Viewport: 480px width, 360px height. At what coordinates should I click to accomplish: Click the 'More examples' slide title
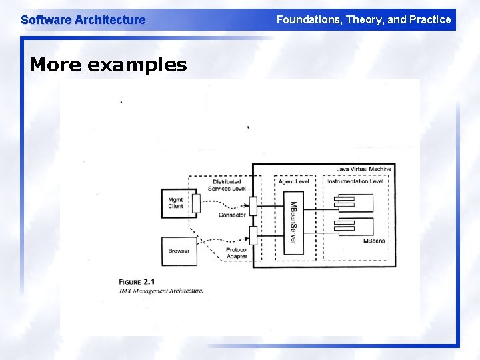click(x=108, y=65)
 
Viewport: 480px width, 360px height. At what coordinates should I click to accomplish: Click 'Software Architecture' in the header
click(x=83, y=20)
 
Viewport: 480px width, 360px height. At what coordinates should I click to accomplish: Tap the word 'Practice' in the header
click(x=431, y=19)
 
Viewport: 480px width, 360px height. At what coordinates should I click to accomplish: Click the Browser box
click(x=179, y=251)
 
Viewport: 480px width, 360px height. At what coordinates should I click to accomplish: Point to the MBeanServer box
click(x=291, y=222)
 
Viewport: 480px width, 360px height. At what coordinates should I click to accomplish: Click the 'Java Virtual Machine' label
click(x=364, y=169)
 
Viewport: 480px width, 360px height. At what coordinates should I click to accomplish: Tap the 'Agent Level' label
click(x=293, y=181)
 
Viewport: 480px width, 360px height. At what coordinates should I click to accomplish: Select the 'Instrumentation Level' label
click(x=355, y=181)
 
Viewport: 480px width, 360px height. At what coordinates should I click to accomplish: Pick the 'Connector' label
click(x=232, y=215)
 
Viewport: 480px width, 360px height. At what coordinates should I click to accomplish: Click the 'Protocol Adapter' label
click(x=236, y=253)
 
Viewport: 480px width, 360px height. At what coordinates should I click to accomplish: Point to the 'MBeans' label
click(x=373, y=241)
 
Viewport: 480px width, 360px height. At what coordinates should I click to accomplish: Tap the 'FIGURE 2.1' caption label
click(x=136, y=281)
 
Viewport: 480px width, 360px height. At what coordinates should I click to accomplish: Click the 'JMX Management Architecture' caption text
click(x=161, y=291)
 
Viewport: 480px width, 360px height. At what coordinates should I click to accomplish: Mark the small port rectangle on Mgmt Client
click(x=196, y=203)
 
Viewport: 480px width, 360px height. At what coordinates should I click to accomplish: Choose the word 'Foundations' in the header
click(x=306, y=19)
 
